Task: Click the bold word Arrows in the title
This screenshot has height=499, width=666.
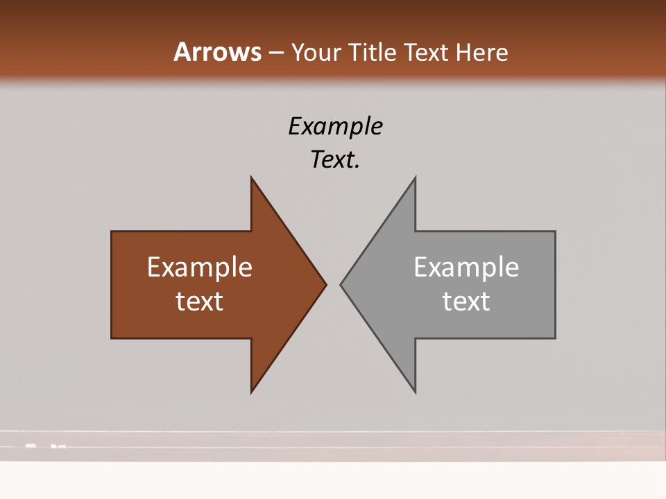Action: tap(217, 52)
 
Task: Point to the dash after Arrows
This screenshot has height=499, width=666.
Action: tap(275, 53)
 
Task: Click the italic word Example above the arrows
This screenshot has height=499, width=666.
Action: tap(335, 126)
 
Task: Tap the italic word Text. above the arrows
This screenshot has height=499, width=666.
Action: tap(335, 159)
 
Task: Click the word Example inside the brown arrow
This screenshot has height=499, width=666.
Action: tap(200, 267)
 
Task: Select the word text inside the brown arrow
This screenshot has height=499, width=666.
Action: tap(200, 301)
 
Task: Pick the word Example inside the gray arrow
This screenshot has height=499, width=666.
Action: tap(466, 267)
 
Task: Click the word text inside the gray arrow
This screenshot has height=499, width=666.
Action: tap(466, 301)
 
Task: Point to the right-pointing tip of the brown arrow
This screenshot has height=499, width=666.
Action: tap(326, 284)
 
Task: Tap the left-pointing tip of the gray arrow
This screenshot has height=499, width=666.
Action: tap(341, 284)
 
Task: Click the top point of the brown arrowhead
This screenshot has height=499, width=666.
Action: tap(252, 177)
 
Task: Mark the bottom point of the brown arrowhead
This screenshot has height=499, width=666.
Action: tap(252, 392)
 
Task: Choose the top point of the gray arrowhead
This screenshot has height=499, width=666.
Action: tap(415, 177)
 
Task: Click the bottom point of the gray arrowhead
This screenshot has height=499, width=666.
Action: tap(415, 392)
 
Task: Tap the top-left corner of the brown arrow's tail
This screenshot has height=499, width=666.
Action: tap(112, 231)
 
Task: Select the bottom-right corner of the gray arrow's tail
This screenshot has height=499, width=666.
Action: tap(555, 338)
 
